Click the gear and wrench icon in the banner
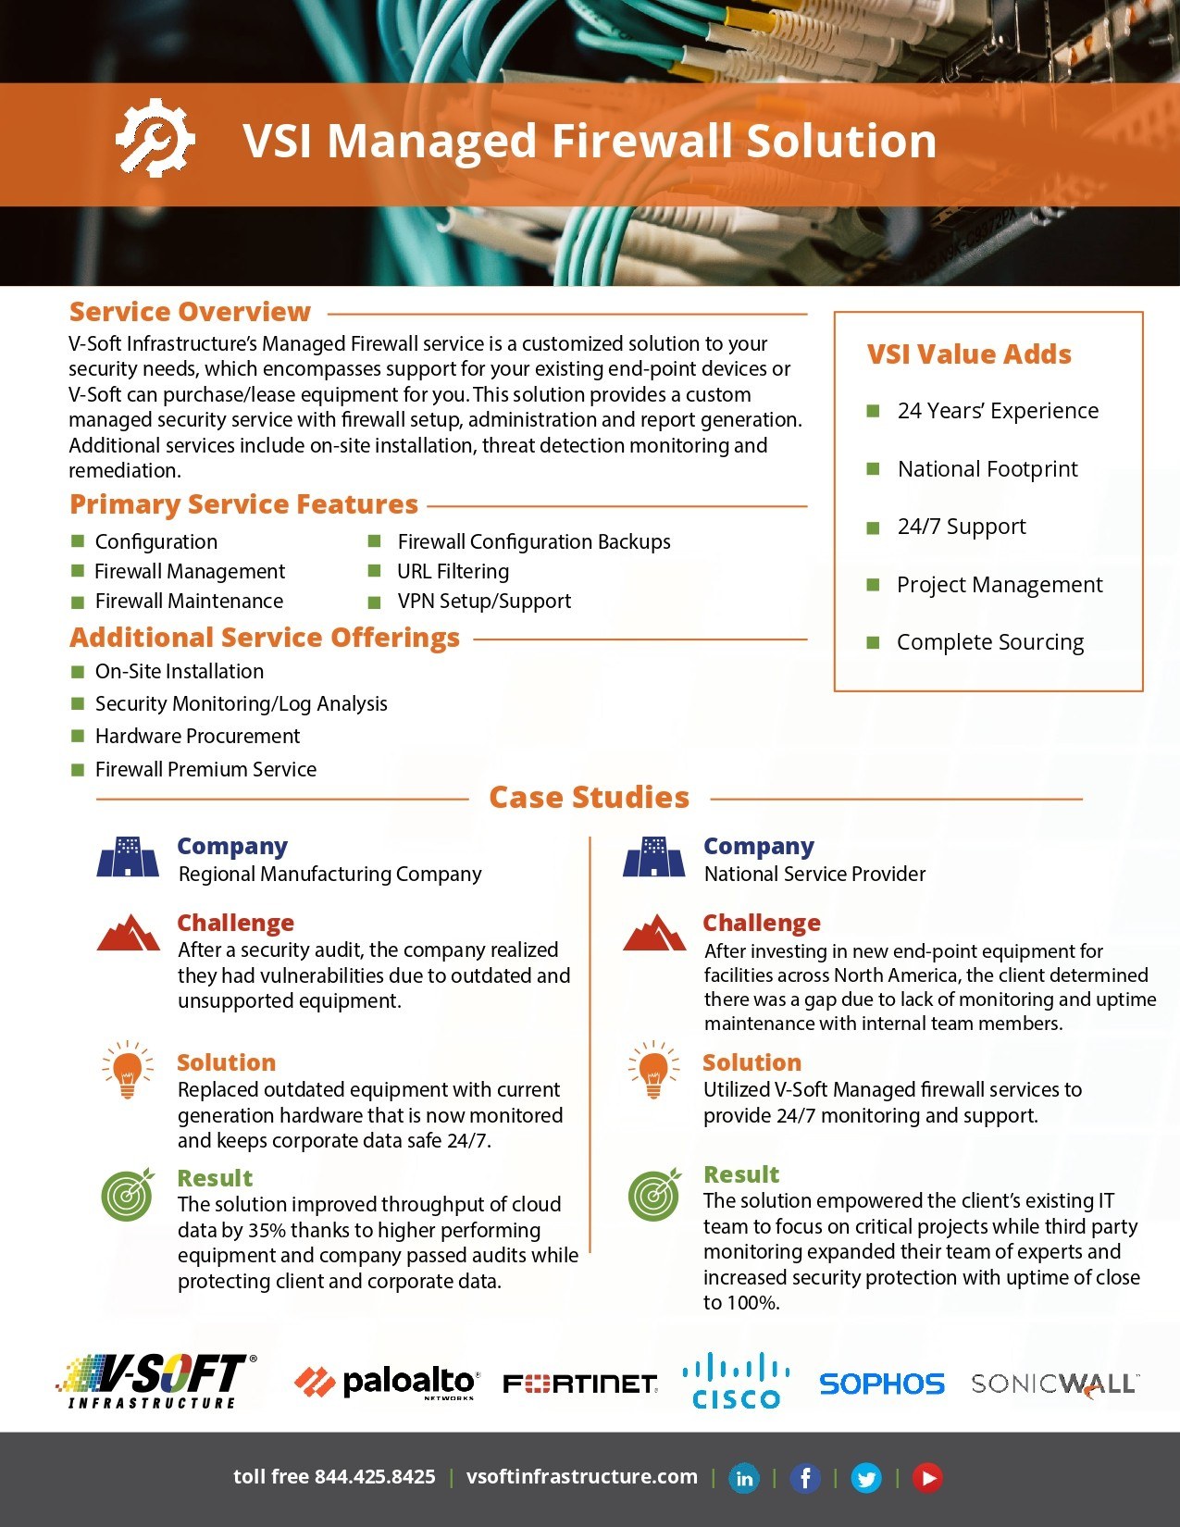[x=155, y=139]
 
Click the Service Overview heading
[x=190, y=312]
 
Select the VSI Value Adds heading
[x=969, y=354]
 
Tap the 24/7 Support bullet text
[x=962, y=527]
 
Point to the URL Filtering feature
[x=453, y=572]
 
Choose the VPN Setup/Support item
[x=484, y=602]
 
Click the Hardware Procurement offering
[x=197, y=737]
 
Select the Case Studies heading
[x=589, y=798]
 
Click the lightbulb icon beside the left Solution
[x=128, y=1069]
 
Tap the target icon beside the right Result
[x=654, y=1194]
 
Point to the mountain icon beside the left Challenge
[x=129, y=933]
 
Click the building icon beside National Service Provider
[x=654, y=856]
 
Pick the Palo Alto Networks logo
[x=386, y=1383]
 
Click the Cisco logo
[x=736, y=1382]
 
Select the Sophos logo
[x=881, y=1384]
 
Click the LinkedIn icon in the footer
[x=743, y=1478]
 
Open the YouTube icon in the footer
[x=927, y=1478]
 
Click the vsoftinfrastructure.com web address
[x=581, y=1477]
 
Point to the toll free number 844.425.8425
[x=374, y=1477]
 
